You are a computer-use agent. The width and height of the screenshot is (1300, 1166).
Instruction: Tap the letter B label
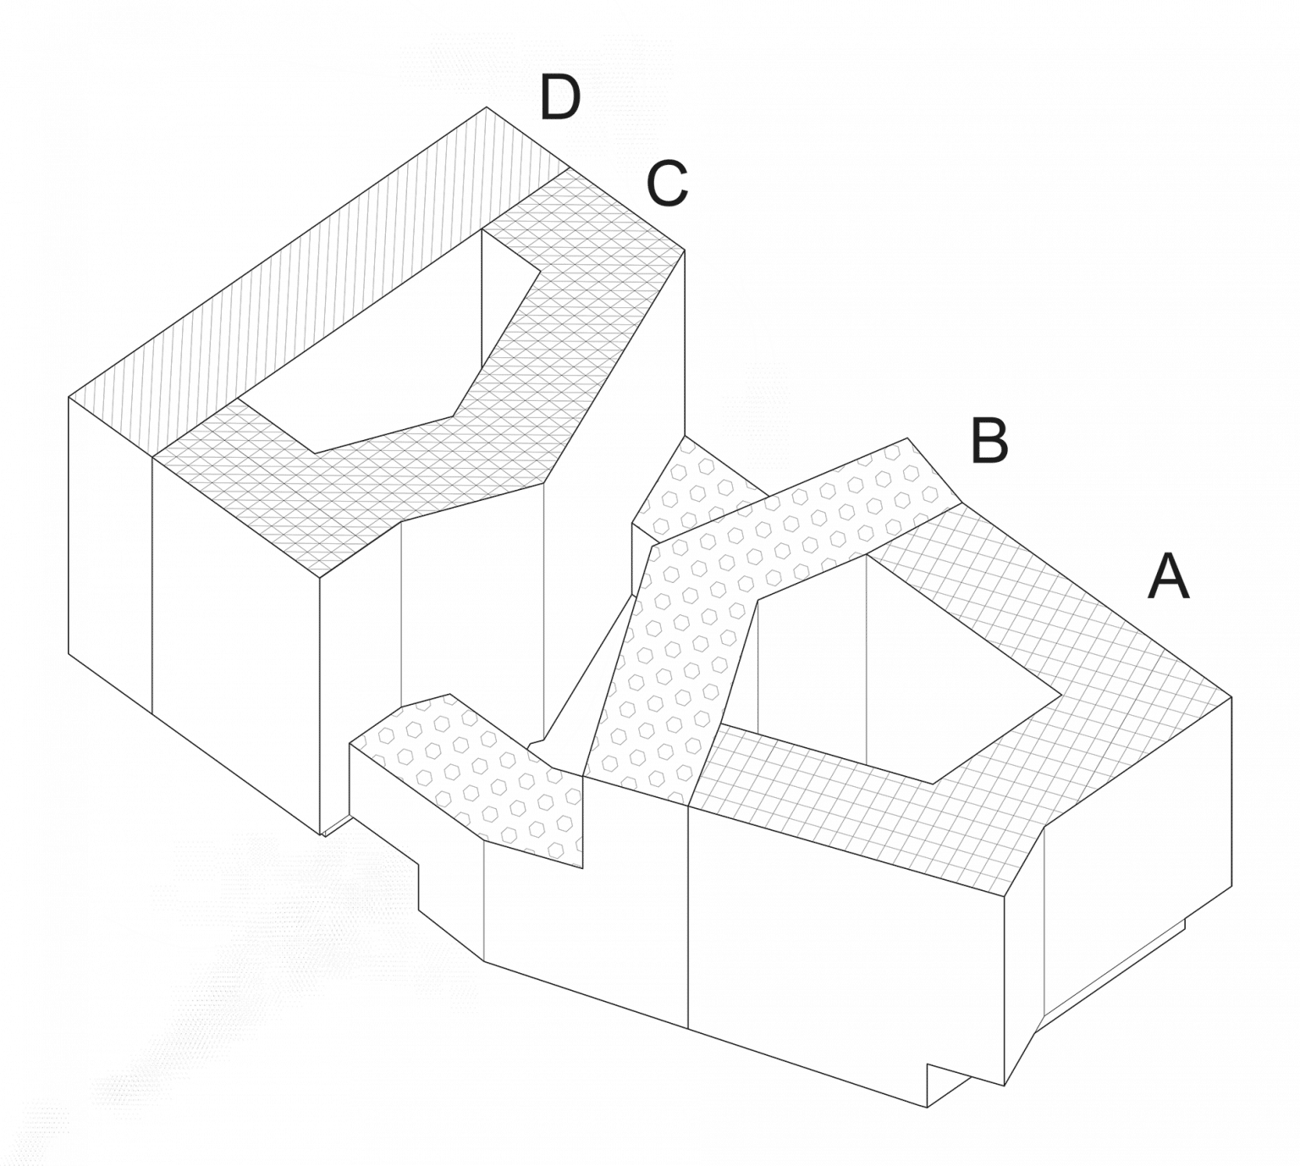coord(988,442)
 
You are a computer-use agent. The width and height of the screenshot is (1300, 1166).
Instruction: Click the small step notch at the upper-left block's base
coord(339,825)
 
